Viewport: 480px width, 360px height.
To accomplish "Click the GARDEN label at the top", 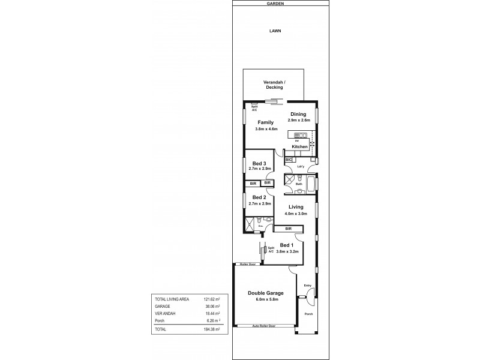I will pyautogui.click(x=275, y=3).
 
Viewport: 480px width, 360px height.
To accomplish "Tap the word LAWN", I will pyautogui.click(x=275, y=31).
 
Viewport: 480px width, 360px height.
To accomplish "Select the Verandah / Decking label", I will pyautogui.click(x=274, y=85).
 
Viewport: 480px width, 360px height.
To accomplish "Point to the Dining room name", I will pyautogui.click(x=298, y=114).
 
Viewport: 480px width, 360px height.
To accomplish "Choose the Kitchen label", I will pyautogui.click(x=300, y=146).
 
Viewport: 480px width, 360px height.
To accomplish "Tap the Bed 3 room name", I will pyautogui.click(x=259, y=163).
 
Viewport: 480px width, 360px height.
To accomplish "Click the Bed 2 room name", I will pyautogui.click(x=259, y=197).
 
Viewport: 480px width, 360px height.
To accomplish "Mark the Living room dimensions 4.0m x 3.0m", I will pyautogui.click(x=295, y=214).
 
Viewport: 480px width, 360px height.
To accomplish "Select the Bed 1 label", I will pyautogui.click(x=287, y=245).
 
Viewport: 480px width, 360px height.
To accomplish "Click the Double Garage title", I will pyautogui.click(x=265, y=293).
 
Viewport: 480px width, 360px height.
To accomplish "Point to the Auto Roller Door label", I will pyautogui.click(x=264, y=326).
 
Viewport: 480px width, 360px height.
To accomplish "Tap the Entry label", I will pyautogui.click(x=307, y=285).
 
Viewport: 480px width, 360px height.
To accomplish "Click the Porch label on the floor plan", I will pyautogui.click(x=308, y=313).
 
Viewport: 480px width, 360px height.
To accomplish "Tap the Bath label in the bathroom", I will pyautogui.click(x=298, y=184).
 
